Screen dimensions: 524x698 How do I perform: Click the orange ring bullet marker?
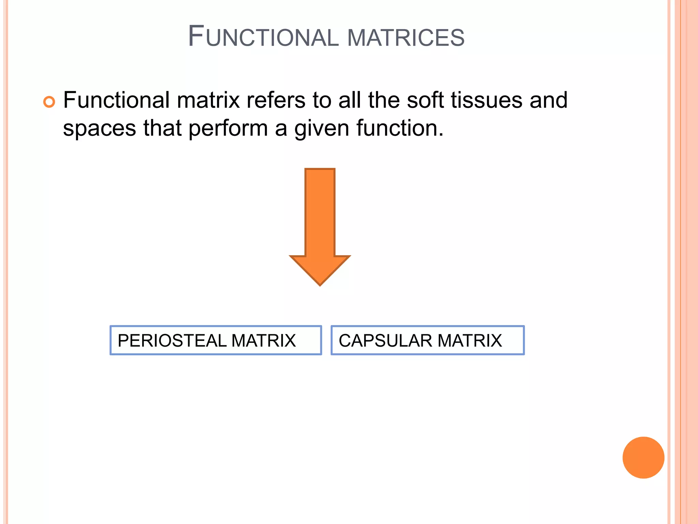(49, 102)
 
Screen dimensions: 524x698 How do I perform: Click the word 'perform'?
(228, 129)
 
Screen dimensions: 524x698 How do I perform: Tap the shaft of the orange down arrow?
(320, 212)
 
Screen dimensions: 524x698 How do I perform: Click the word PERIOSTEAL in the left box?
(172, 340)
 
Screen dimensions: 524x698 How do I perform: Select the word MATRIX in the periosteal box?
(263, 340)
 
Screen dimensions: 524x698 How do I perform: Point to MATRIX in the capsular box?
(470, 340)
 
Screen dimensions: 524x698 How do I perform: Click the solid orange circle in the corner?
(643, 457)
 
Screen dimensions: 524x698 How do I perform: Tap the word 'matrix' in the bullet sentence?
(208, 100)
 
